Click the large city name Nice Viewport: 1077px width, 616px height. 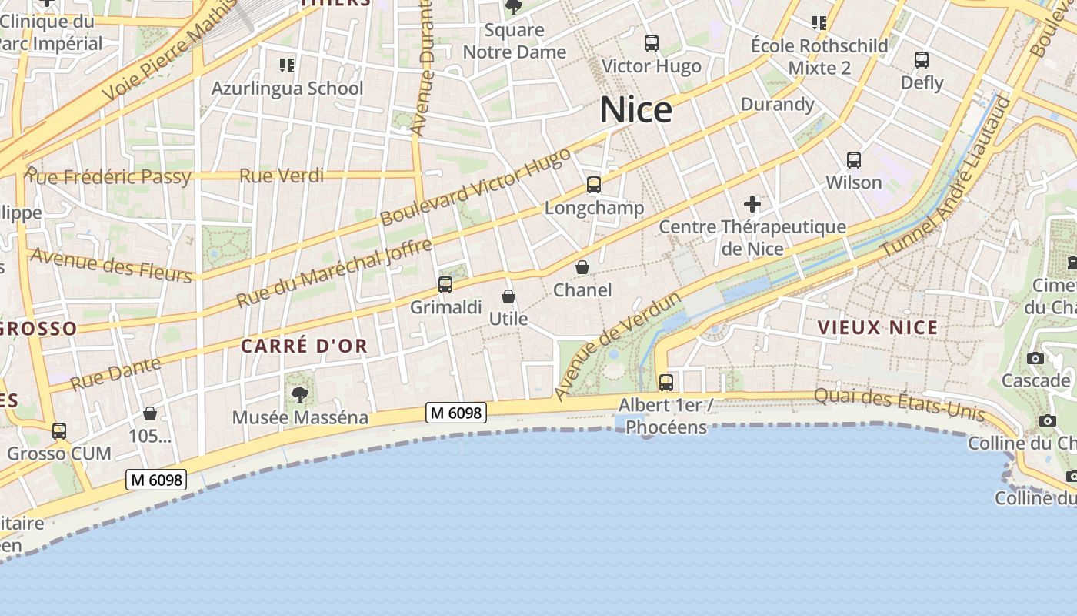tap(636, 110)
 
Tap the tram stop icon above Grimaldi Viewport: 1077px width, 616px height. tap(445, 285)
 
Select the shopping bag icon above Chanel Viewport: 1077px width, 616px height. tap(582, 267)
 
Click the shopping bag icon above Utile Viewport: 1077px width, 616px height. tap(508, 296)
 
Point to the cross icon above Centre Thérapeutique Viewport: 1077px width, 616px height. tap(752, 204)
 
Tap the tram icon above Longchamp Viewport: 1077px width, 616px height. tap(593, 185)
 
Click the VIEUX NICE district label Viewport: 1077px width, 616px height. tap(878, 327)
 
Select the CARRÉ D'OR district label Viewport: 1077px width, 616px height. tap(305, 346)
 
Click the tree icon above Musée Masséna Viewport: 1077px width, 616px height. tap(300, 395)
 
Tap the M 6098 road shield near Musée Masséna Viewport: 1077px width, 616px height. tap(456, 413)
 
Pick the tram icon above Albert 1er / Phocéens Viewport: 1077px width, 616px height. tap(666, 382)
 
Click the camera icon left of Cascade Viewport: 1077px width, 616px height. tap(1035, 358)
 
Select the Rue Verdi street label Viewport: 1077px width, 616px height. tap(282, 176)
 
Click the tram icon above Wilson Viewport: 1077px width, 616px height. tap(853, 160)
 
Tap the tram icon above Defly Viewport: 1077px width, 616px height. tap(922, 60)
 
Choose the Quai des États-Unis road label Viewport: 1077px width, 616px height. tap(899, 403)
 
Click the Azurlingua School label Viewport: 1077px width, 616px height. tap(288, 89)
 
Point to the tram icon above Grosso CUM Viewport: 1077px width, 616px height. tap(59, 430)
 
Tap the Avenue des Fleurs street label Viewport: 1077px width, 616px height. tap(111, 264)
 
